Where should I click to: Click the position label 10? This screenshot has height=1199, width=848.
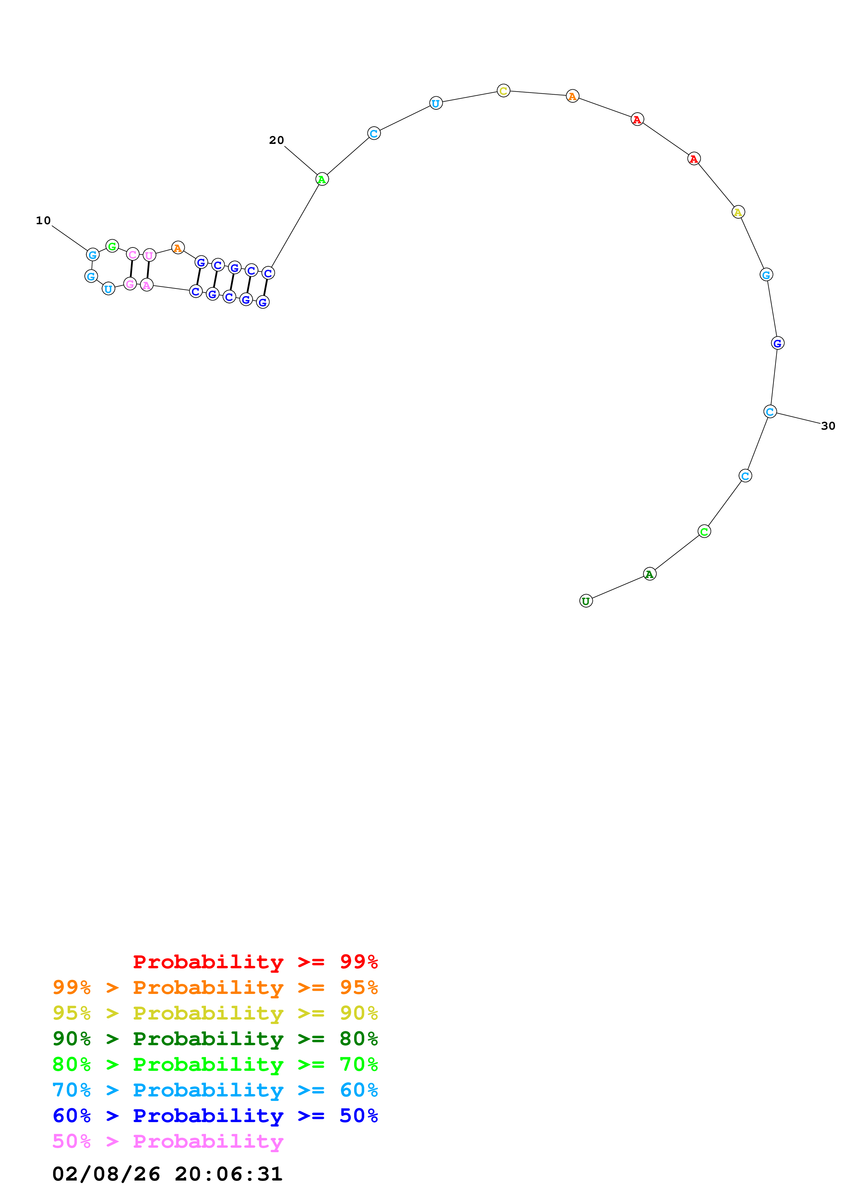tap(43, 221)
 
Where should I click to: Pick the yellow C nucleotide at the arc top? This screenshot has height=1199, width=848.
tap(503, 91)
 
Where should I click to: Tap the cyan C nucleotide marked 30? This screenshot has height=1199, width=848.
tap(770, 412)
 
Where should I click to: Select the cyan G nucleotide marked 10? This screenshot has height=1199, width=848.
tap(92, 255)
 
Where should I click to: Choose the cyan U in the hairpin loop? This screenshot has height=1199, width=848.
tap(108, 289)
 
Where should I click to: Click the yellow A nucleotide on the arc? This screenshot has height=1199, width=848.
tap(738, 212)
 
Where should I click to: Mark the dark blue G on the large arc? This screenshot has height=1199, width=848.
tap(778, 343)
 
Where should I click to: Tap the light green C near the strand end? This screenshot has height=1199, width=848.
tap(704, 531)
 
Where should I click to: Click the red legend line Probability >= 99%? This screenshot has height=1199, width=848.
tap(255, 962)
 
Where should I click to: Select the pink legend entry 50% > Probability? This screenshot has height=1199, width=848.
tap(168, 1142)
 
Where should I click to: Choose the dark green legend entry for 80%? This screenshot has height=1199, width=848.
tap(215, 1039)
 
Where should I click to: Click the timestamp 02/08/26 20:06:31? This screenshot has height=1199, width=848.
tap(167, 1174)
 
